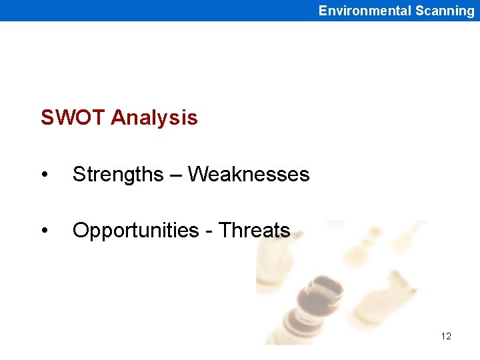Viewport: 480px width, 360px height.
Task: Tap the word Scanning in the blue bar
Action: [445, 11]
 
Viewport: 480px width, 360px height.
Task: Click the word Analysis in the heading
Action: [154, 118]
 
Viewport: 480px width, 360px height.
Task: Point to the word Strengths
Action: [117, 175]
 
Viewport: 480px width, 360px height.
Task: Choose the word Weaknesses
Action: [249, 175]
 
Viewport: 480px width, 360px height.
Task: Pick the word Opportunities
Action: [135, 231]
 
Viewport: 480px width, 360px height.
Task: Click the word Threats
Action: [255, 231]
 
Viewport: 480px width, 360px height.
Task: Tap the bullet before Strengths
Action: [44, 175]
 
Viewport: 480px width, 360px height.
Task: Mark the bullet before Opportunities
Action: [44, 231]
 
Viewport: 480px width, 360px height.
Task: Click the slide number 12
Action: [446, 336]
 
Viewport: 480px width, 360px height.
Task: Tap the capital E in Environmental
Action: [323, 11]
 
